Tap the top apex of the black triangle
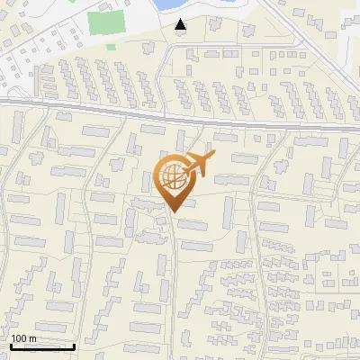point(181,20)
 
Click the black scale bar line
point(42,346)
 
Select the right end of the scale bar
point(74,346)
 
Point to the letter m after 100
point(32,338)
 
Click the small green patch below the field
point(112,45)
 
